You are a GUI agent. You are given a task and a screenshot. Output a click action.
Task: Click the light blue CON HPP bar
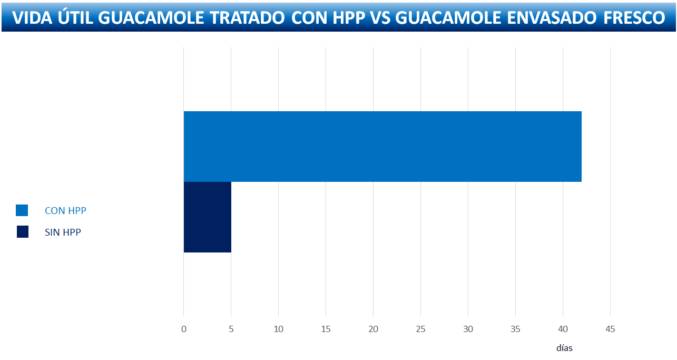point(382,147)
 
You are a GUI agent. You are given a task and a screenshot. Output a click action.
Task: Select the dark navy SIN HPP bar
point(207,217)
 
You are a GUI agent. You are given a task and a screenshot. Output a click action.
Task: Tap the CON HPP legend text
point(65,211)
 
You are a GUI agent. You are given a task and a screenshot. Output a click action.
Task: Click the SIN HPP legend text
point(63,232)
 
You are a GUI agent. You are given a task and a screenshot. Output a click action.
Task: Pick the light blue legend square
point(22,210)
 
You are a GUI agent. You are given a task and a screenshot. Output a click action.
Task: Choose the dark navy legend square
point(23,232)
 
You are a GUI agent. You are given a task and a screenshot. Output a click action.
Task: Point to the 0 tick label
point(183,329)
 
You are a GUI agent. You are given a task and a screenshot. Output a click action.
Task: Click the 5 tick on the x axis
point(231,329)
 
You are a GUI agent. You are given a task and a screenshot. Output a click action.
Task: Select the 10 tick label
point(278,329)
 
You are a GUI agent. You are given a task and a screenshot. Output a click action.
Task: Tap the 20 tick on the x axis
point(373,329)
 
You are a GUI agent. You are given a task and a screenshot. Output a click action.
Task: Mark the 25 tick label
point(420,329)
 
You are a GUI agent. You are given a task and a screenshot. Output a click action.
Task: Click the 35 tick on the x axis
point(515,329)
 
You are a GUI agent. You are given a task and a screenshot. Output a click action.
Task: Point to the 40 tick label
point(563,329)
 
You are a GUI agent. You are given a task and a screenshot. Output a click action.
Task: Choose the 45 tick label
point(610,329)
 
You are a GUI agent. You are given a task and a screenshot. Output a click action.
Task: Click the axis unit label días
point(564,348)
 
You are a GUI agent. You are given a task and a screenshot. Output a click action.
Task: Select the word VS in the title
point(379,17)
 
